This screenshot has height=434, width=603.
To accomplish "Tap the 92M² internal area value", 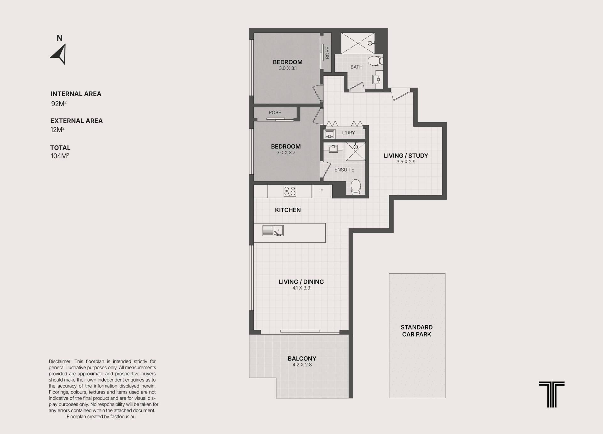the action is click(x=59, y=104).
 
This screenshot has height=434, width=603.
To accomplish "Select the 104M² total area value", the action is click(x=60, y=156).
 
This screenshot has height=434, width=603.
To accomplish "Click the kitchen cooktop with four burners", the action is click(x=290, y=191).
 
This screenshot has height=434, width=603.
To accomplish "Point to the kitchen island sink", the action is click(x=273, y=231).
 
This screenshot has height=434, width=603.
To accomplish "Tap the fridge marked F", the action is click(x=322, y=191).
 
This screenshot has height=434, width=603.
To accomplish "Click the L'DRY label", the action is click(x=348, y=133).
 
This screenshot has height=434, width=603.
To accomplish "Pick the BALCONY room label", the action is click(x=302, y=359).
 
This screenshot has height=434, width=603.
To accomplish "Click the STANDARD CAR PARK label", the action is click(x=417, y=331).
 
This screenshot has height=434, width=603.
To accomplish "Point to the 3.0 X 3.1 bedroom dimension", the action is click(x=288, y=68).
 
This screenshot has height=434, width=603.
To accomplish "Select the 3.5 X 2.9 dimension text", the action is click(x=406, y=162).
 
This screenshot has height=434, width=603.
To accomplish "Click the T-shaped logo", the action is click(x=552, y=394).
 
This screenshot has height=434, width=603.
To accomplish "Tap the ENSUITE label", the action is click(x=344, y=170).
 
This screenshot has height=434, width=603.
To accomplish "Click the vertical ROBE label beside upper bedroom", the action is click(x=327, y=53).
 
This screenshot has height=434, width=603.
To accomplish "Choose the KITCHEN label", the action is click(x=288, y=210).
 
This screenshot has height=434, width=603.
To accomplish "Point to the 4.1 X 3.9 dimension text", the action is click(x=301, y=288).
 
